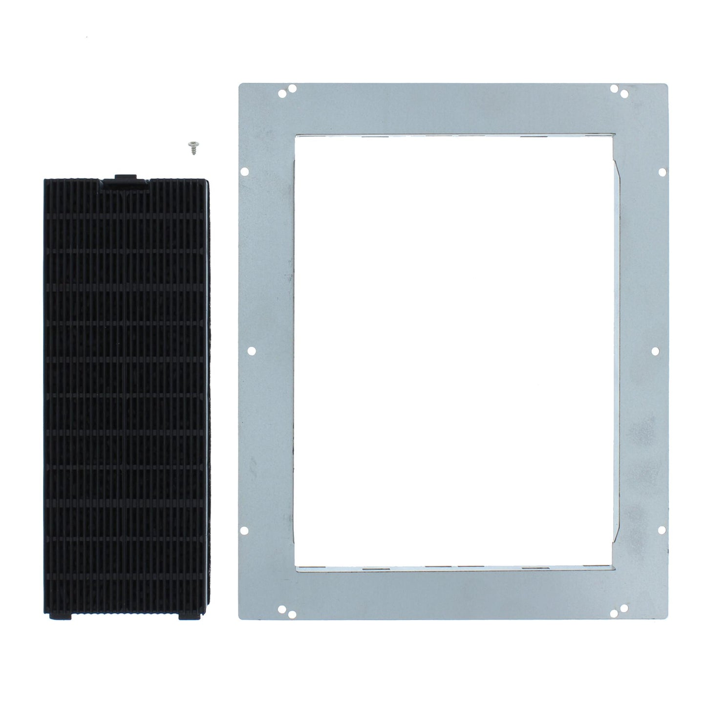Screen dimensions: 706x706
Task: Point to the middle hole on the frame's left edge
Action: point(251,350)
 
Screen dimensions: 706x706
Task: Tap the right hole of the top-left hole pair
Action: point(292,89)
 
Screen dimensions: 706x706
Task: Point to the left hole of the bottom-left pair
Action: point(282,608)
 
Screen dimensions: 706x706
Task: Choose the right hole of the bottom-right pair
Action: point(624,608)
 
